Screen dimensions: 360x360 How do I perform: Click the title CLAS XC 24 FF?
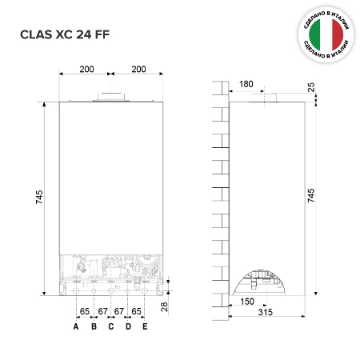point(65,34)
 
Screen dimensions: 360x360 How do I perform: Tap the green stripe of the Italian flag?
point(314,34)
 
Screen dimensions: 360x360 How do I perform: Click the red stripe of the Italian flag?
point(338,34)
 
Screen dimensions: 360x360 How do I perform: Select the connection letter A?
point(76,326)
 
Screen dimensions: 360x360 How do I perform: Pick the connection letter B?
point(94,326)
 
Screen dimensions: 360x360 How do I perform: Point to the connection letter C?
point(111,326)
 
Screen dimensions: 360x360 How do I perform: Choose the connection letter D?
point(128,326)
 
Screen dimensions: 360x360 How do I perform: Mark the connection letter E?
point(145,326)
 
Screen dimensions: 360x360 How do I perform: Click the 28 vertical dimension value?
point(164,307)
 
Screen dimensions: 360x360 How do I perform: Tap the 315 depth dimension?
point(266,312)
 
